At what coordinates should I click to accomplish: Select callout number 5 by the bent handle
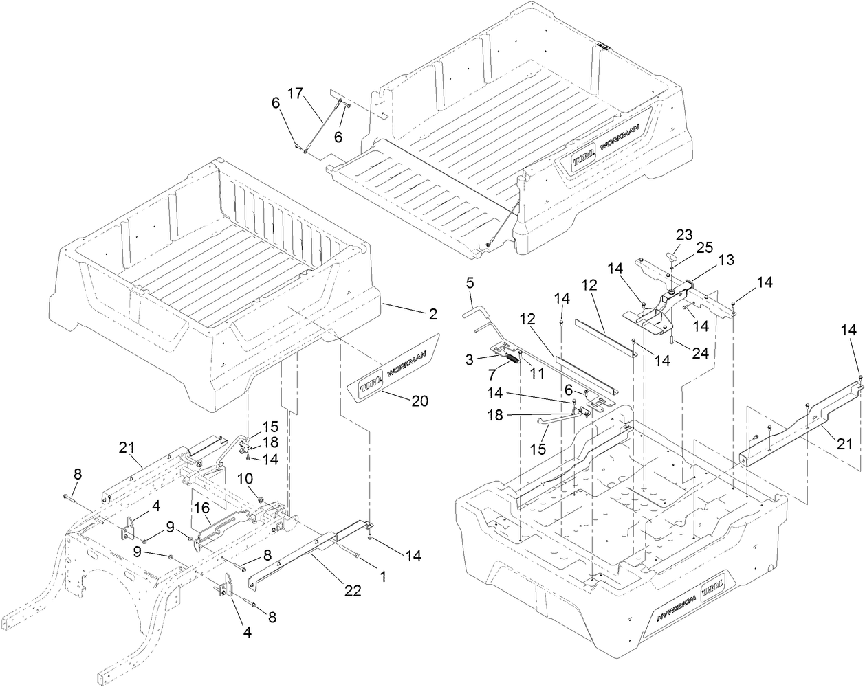[470, 282]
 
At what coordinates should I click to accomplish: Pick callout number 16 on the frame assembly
[203, 509]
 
